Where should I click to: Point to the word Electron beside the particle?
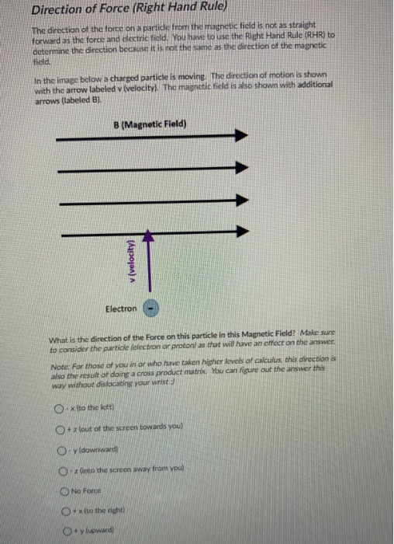(x=122, y=309)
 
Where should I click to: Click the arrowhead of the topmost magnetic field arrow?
(x=240, y=135)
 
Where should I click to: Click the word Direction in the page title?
(x=59, y=11)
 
